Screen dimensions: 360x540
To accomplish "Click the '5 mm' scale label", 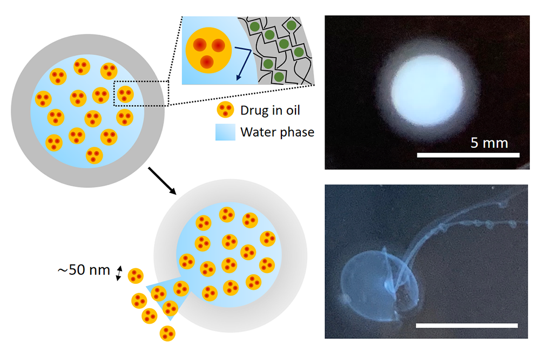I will (x=489, y=143).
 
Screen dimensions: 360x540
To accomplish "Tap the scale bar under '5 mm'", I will (x=468, y=155).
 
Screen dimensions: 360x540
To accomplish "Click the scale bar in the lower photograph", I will (x=467, y=325).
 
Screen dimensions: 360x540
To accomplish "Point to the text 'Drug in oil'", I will (x=270, y=111).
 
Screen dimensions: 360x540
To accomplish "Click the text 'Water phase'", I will (x=278, y=132).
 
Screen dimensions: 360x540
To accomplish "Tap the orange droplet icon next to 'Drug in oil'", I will (x=225, y=111).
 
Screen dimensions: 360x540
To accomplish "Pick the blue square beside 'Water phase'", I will (x=225, y=132).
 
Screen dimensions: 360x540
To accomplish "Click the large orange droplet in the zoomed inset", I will (x=208, y=51).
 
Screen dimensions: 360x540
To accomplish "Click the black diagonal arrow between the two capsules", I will (x=162, y=181).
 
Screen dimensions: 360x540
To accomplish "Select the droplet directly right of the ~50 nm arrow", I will (x=136, y=276).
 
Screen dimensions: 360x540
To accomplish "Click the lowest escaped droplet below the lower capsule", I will (x=167, y=333).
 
